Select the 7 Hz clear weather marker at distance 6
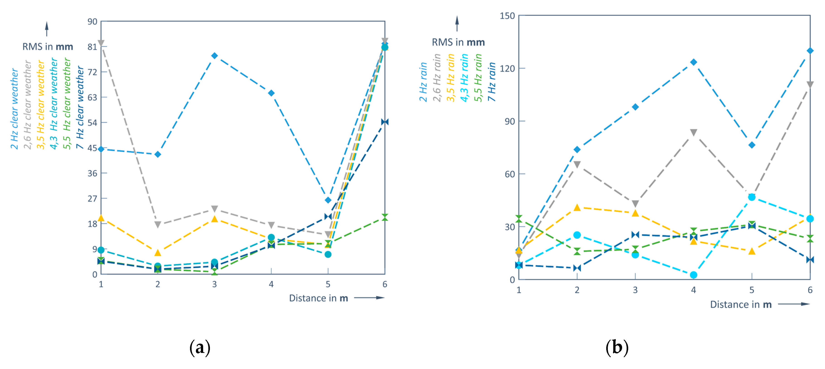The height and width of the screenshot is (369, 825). [385, 122]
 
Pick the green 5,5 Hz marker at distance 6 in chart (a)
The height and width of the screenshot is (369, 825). [385, 217]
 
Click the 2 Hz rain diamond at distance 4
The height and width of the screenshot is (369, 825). [693, 62]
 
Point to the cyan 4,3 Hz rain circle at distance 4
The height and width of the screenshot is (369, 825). [693, 275]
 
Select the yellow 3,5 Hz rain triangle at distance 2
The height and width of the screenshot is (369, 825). [577, 207]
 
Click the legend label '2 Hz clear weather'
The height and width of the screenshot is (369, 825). [14, 109]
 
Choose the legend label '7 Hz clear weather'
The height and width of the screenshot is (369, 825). [80, 107]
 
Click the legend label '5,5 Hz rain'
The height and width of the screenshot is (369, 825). [478, 78]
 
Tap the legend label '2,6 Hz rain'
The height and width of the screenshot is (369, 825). [437, 78]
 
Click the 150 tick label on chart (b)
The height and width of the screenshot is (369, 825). [507, 16]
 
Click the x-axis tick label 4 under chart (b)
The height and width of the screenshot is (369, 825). [693, 290]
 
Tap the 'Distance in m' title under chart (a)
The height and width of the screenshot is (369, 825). [318, 298]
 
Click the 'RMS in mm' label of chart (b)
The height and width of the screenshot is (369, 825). [458, 42]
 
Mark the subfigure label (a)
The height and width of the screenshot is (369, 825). [200, 347]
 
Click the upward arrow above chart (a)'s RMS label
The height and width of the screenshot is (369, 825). [47, 29]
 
